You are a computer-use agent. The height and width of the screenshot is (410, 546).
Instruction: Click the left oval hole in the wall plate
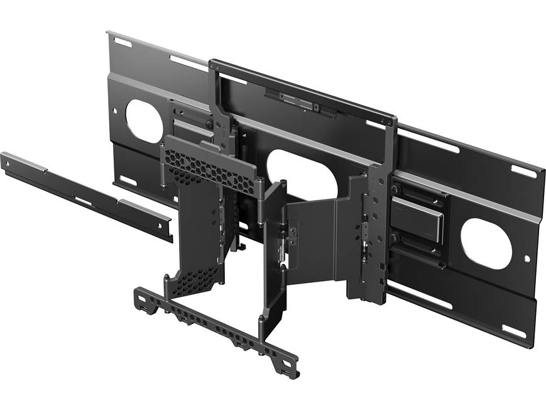click(144, 121)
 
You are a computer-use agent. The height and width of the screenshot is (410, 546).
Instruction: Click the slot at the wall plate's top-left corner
click(122, 42)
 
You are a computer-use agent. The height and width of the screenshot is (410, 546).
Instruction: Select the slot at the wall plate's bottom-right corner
click(513, 331)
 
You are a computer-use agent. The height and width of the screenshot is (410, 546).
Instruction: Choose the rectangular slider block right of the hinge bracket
click(424, 223)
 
